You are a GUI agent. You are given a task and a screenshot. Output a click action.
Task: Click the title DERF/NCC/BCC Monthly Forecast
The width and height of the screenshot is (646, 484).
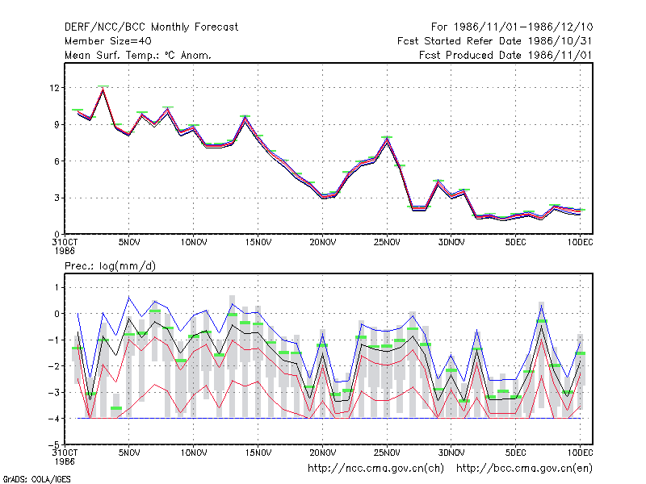pyautogui.click(x=151, y=27)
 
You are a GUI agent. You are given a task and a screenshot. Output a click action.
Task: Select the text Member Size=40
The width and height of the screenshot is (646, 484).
pyautogui.click(x=108, y=41)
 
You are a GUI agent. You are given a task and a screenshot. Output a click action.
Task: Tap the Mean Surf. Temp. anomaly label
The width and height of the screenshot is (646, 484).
pyautogui.click(x=138, y=55)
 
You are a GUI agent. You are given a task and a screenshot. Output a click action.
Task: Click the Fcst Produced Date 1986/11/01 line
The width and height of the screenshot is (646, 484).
pyautogui.click(x=505, y=55)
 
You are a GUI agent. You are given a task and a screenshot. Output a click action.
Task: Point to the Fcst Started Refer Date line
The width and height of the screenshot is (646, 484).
pyautogui.click(x=494, y=41)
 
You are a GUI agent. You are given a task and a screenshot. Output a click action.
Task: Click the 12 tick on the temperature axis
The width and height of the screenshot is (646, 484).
pyautogui.click(x=54, y=88)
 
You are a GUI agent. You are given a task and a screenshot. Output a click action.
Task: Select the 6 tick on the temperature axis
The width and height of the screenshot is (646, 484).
pyautogui.click(x=57, y=161)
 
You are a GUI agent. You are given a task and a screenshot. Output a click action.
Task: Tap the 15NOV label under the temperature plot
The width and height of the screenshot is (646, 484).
pyautogui.click(x=258, y=243)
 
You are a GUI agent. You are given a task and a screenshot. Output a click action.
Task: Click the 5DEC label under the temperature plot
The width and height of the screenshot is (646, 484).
pyautogui.click(x=515, y=243)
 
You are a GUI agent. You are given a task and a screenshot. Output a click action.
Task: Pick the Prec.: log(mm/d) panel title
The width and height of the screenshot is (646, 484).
pyautogui.click(x=110, y=266)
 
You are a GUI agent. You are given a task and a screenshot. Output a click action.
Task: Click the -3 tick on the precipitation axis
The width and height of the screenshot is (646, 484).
pyautogui.click(x=54, y=392)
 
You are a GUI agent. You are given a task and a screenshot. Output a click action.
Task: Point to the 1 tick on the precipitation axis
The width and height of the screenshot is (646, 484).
pyautogui.click(x=57, y=287)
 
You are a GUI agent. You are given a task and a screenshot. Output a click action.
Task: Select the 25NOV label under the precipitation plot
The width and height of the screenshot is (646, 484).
pyautogui.click(x=387, y=453)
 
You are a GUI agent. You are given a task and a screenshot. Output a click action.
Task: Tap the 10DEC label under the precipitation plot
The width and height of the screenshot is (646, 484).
pyautogui.click(x=580, y=453)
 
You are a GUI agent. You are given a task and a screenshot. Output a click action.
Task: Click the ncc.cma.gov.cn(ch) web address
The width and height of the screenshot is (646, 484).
pyautogui.click(x=375, y=469)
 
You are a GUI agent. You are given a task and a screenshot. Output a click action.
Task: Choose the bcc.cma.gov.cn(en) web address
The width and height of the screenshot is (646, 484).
pyautogui.click(x=524, y=469)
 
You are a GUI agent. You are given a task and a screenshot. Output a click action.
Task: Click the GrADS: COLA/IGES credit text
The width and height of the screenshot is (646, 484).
pyautogui.click(x=36, y=479)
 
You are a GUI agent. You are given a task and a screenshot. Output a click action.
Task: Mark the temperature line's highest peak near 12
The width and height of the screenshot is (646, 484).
pyautogui.click(x=103, y=89)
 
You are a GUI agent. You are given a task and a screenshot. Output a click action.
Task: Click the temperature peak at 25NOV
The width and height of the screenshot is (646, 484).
pyautogui.click(x=387, y=139)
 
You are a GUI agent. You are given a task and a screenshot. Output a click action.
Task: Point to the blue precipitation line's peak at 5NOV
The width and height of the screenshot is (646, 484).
pyautogui.click(x=129, y=297)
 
